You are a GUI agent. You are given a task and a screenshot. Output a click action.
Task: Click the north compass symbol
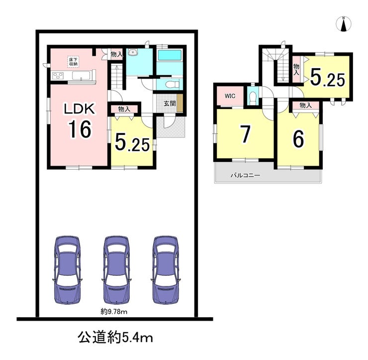click(x=344, y=24)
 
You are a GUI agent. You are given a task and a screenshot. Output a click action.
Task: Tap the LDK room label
click(x=80, y=109)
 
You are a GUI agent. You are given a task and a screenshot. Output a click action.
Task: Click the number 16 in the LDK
click(x=80, y=129)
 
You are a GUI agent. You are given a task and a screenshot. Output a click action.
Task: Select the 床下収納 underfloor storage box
click(x=74, y=62)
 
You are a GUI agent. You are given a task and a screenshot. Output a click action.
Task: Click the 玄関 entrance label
click(x=170, y=104)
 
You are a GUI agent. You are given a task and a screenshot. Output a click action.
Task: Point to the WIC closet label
click(x=230, y=96)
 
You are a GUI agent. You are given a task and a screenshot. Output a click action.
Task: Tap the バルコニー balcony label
click(x=245, y=175)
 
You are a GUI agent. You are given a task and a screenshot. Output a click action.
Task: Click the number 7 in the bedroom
click(x=245, y=134)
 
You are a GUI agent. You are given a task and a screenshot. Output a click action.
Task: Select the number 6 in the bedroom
click(x=298, y=138)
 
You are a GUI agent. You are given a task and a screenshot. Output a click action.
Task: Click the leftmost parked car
click(x=67, y=270)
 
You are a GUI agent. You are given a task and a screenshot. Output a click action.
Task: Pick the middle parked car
click(x=117, y=270)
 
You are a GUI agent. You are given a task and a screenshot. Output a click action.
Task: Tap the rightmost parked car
click(x=166, y=270)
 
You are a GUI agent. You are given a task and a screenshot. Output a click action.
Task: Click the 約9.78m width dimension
click(x=114, y=312)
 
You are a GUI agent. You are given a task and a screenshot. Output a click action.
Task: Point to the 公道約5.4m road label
click(x=115, y=338)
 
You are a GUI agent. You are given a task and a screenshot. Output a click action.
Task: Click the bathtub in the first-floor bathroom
click(x=170, y=55)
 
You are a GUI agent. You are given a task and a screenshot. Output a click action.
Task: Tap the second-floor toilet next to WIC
click(x=253, y=98)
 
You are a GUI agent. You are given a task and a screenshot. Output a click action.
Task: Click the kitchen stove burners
click(x=58, y=76)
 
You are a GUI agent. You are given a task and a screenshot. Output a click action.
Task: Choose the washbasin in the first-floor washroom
click(x=133, y=52)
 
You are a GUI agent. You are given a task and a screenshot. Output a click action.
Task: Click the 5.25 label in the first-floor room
click(x=132, y=143)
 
